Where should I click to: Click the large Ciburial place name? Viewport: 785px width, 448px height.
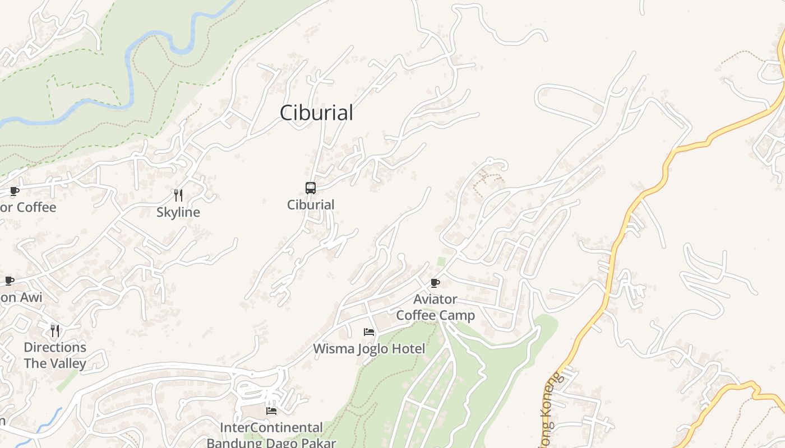click(x=316, y=113)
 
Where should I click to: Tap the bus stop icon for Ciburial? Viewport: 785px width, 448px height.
click(x=311, y=188)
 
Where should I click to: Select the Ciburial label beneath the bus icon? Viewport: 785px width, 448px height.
click(x=311, y=205)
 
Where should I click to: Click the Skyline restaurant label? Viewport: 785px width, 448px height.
click(x=178, y=213)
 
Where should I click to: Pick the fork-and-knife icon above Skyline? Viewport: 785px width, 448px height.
click(x=178, y=195)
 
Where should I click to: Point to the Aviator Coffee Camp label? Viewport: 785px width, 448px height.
click(x=436, y=307)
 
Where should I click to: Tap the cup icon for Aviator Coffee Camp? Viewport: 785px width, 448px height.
click(x=435, y=283)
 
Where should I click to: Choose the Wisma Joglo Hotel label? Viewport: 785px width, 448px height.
click(x=369, y=349)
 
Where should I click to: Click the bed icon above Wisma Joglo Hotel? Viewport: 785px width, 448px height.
click(x=368, y=332)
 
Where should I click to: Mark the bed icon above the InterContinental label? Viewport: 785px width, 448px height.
click(x=271, y=411)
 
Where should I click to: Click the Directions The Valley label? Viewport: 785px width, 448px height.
click(x=55, y=355)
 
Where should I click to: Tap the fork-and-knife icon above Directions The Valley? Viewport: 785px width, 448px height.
click(x=55, y=331)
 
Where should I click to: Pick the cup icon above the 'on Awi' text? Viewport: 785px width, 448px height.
click(x=10, y=281)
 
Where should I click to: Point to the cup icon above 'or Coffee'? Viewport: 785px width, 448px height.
click(x=15, y=191)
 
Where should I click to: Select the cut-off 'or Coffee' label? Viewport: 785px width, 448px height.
click(x=28, y=208)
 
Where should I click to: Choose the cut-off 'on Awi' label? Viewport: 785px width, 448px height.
click(x=21, y=297)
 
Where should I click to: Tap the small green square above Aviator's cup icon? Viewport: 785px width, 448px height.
click(x=441, y=262)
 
